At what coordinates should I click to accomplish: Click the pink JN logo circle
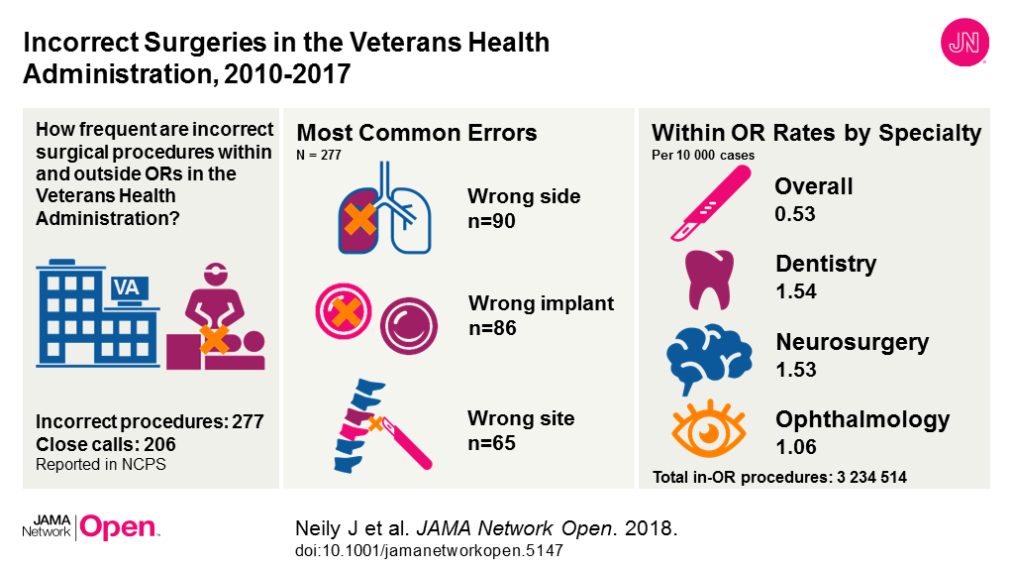[x=964, y=42]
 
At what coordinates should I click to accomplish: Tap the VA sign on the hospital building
[x=128, y=286]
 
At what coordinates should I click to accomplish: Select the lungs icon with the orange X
[x=385, y=208]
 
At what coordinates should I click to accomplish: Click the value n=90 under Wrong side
[x=491, y=221]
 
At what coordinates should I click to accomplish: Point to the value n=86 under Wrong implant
[x=492, y=327]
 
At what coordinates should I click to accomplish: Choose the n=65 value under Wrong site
[x=491, y=443]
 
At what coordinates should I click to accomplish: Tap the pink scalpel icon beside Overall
[x=711, y=203]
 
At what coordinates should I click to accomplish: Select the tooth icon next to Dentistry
[x=709, y=280]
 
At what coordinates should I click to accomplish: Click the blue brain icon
[x=709, y=358]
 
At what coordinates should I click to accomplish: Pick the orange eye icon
[x=709, y=429]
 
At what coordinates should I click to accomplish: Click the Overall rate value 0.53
[x=795, y=214]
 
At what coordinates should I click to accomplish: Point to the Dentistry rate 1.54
[x=796, y=291]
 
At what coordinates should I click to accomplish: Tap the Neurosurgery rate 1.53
[x=796, y=369]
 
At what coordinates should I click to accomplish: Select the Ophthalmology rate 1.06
[x=796, y=447]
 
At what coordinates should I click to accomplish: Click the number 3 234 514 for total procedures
[x=871, y=477]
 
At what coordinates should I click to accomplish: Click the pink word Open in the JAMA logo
[x=119, y=527]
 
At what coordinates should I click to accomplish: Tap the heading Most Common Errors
[x=417, y=133]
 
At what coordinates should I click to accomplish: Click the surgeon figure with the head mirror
[x=215, y=304]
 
